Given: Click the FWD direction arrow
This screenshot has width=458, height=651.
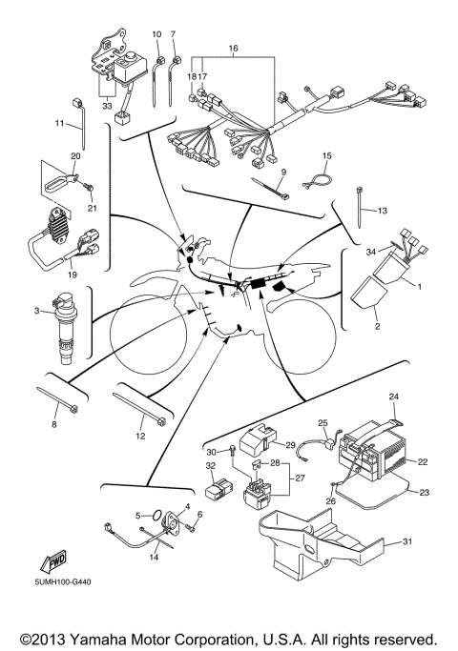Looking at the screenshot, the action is coord(52,560).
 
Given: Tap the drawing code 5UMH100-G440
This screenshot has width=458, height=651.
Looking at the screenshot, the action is coord(63,581).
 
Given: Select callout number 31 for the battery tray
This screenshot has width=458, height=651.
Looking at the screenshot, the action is coord(407,541).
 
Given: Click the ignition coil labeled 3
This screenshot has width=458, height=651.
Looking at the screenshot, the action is coord(64,328).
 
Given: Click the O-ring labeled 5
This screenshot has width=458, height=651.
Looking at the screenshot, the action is coord(156,516).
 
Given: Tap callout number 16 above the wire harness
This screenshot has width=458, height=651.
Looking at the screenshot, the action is coord(233,49).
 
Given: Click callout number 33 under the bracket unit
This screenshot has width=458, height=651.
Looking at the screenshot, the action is coord(107,106).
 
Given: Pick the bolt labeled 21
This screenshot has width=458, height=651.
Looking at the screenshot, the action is coord(89,189).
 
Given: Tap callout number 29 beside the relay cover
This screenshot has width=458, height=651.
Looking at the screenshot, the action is coord(290,445).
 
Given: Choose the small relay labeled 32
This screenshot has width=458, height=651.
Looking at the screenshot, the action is coord(217,489).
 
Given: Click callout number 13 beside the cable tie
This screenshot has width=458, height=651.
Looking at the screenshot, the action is coord(382,211).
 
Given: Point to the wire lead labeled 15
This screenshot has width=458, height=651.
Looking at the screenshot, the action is coord(317,181).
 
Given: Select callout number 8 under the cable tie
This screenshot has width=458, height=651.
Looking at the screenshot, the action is coord(53,424).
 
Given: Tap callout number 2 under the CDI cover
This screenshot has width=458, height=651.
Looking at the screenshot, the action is coord(377,326).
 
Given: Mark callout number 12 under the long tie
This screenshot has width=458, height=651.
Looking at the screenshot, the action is coord(140,436).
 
